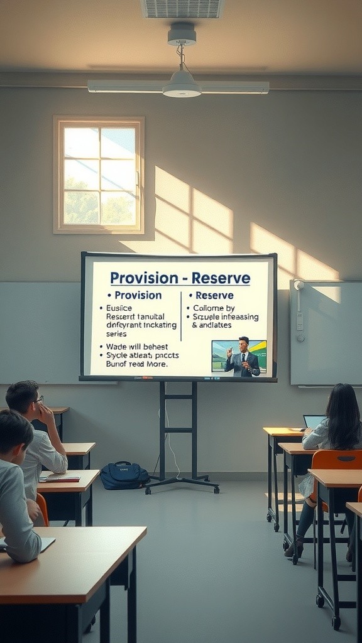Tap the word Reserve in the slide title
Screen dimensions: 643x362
coord(221,278)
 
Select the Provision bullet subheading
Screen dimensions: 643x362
coord(138,295)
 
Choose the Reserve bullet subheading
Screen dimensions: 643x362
coord(214,295)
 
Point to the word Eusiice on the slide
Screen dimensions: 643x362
coord(118,308)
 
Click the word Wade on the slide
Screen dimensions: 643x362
coord(118,346)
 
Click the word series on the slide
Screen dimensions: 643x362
coord(116,333)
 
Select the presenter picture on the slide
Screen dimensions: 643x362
coord(239,357)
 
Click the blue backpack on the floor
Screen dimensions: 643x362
coord(124,475)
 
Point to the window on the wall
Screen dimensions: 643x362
coord(99,175)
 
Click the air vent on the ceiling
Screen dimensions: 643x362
coord(182,8)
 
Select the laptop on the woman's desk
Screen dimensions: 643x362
coord(314,421)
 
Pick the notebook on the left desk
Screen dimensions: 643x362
coord(60,478)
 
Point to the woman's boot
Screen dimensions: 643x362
coord(294,548)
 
